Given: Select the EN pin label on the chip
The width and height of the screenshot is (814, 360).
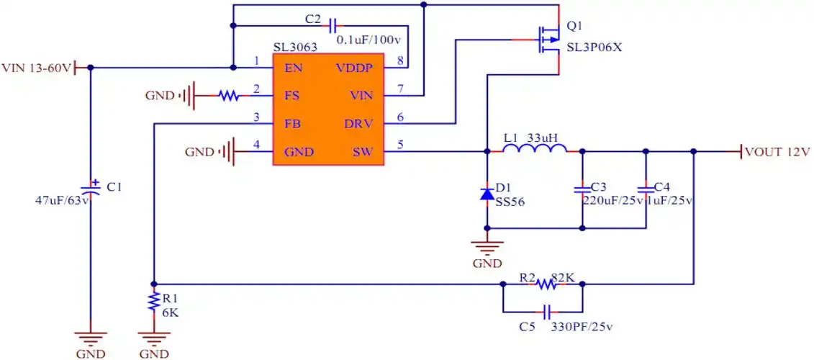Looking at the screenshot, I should pos(293,68).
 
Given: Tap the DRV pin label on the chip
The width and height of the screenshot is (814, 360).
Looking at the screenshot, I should pos(358,124).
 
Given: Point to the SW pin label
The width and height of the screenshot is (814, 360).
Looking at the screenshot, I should pos(362,152).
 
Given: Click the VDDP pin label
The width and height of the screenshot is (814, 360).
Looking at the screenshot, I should pos(354,68).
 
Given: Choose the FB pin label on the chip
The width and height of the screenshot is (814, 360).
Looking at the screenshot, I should pos(292,124).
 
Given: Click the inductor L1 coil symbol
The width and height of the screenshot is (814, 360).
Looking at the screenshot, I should pos(534,149).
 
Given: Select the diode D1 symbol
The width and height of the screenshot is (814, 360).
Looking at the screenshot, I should pos(487,194).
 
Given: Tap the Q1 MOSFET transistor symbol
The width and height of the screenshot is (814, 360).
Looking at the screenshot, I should pos(548,39).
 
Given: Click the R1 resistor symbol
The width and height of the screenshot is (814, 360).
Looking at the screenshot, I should pos(153,302).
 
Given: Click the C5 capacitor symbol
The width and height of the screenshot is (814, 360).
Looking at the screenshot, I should pos(548,312).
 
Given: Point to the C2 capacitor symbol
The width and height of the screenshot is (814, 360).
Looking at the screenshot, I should pos(333,26).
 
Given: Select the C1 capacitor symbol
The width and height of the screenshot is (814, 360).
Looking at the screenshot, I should pos(90,189).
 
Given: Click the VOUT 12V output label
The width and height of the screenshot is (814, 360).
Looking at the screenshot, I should pos(777,152).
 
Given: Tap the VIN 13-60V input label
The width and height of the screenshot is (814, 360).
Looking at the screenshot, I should pos(37,68).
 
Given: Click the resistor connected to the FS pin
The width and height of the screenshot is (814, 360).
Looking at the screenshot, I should pos(230,95).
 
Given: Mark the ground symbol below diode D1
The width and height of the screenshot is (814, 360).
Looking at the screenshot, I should pos(487,248).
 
